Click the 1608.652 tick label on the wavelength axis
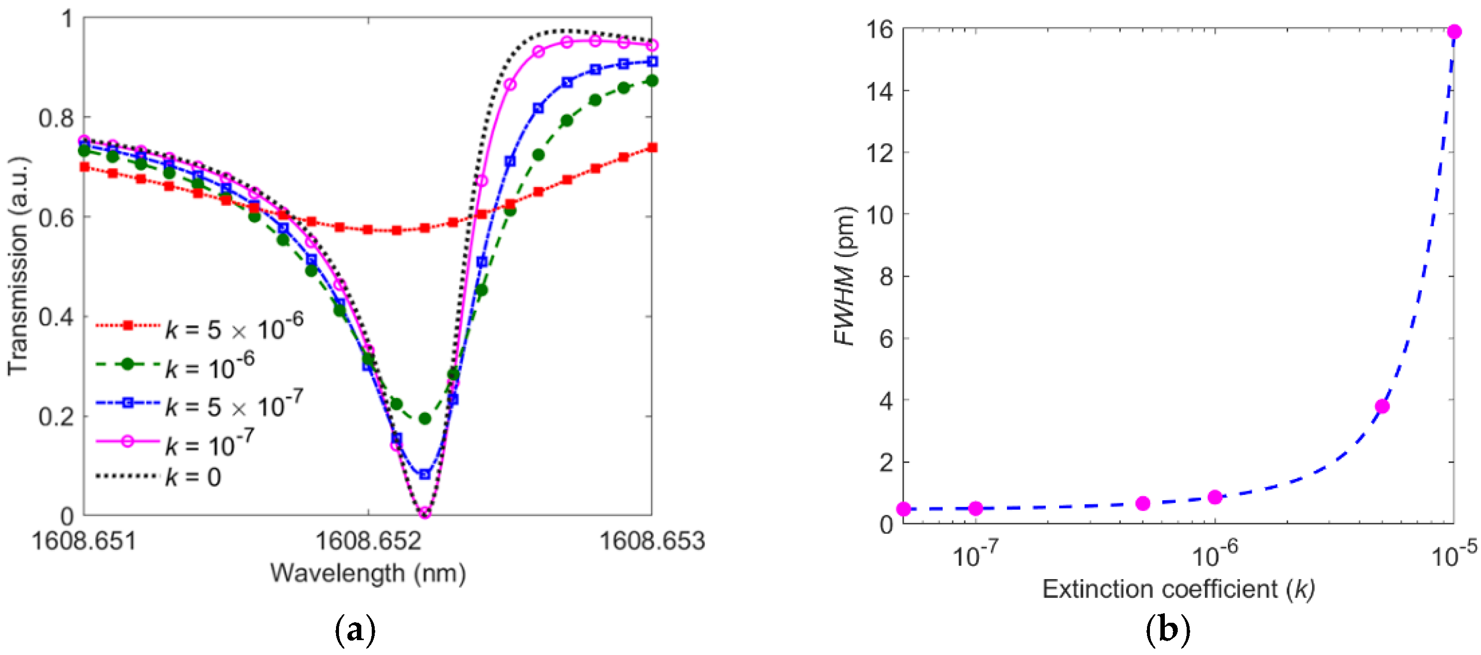[368, 541]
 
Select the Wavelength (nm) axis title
[368, 574]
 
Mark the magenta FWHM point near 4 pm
[1382, 407]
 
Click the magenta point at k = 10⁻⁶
[1215, 498]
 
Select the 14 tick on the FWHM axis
[879, 91]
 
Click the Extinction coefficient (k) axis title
[1178, 589]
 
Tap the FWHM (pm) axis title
[844, 276]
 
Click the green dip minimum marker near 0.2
[425, 419]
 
